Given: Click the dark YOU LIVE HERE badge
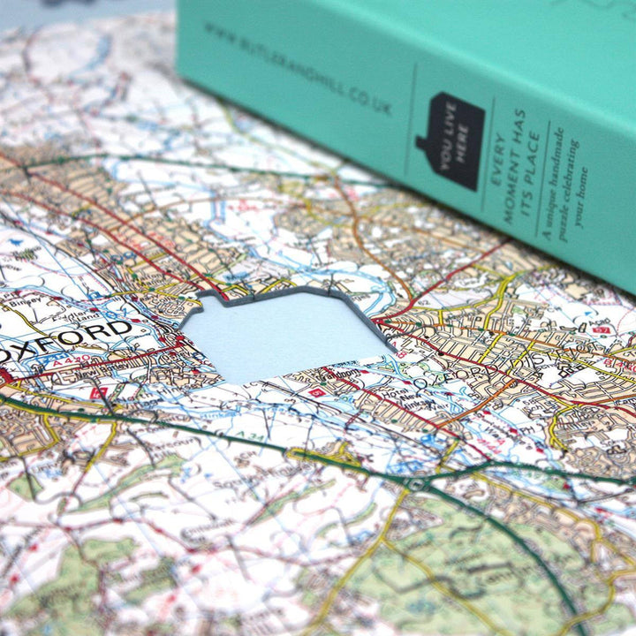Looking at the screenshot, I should click(x=450, y=140).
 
